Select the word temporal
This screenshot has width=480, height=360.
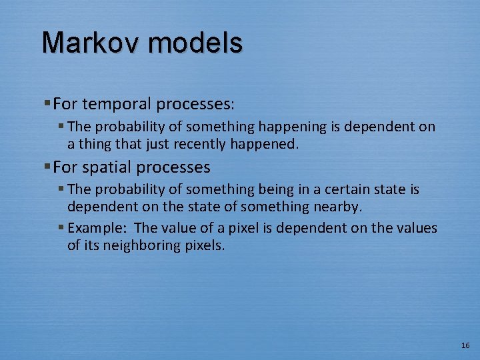click(x=119, y=105)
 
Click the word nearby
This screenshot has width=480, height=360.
click(x=335, y=207)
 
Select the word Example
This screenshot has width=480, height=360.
click(x=96, y=228)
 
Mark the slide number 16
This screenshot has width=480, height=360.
click(x=465, y=345)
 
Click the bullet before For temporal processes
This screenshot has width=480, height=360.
click(x=47, y=104)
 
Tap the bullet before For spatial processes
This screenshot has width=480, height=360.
click(x=47, y=167)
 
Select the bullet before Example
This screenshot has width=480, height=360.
click(x=61, y=228)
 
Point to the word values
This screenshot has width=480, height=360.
click(x=417, y=228)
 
